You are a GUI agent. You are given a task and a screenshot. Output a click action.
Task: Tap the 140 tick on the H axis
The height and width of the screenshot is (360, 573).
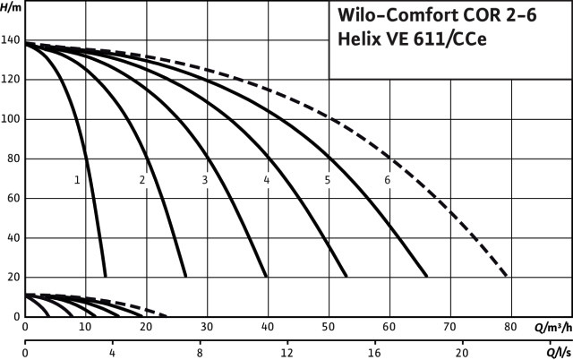pos(10,40)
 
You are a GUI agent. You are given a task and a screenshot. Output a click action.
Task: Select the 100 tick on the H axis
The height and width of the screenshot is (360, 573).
pos(10,119)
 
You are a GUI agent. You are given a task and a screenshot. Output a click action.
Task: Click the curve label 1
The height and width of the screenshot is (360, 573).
pos(77,180)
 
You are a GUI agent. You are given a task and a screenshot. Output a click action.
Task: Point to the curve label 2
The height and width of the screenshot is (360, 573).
pos(141,180)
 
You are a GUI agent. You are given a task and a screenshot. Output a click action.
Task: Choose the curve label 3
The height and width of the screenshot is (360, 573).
pos(204,180)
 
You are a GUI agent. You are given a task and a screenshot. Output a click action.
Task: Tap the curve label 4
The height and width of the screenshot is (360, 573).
pos(267,180)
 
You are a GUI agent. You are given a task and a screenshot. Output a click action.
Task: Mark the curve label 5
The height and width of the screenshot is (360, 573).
pos(328,180)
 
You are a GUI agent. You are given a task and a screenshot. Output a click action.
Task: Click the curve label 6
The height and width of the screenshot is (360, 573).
pos(388,180)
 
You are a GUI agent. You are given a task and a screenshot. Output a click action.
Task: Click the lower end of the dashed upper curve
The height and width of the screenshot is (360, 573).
pos(508,275)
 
